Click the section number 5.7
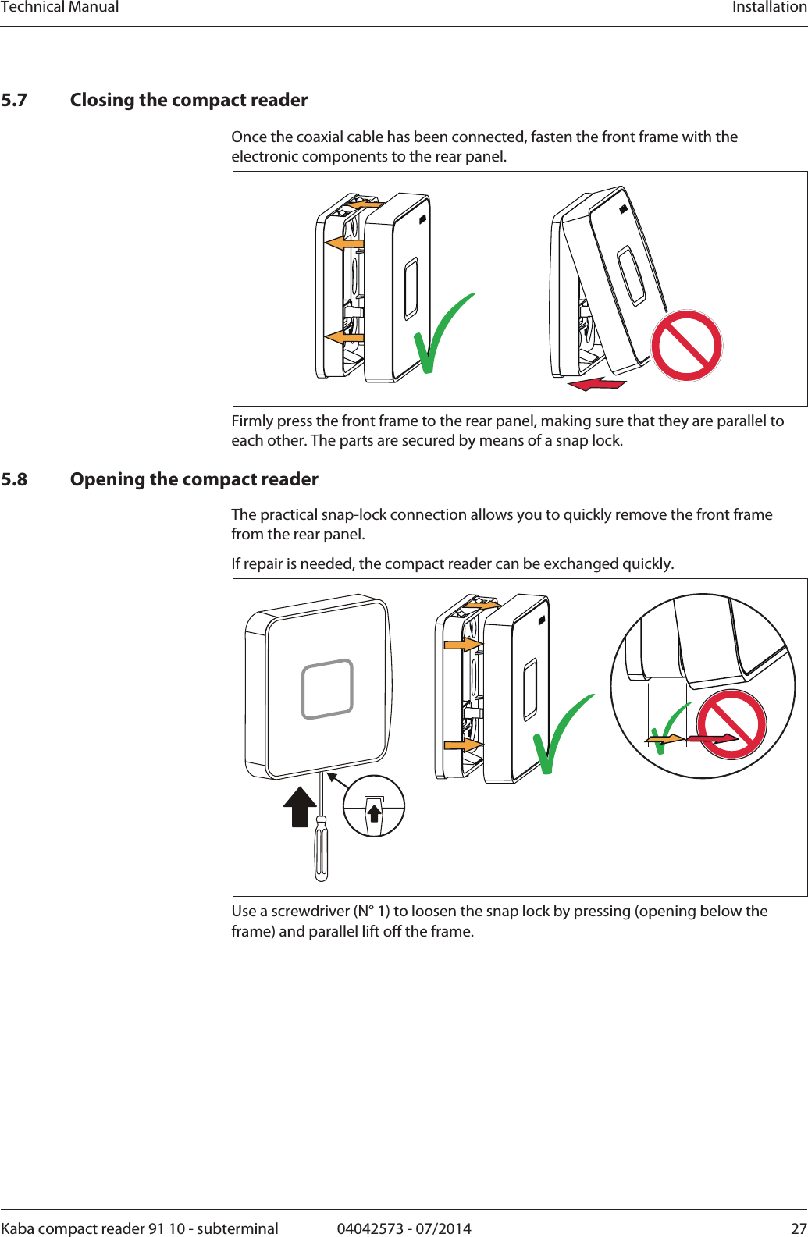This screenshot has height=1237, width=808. (x=14, y=100)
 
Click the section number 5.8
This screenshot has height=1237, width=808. (x=14, y=479)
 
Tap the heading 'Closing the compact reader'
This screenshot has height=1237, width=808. (x=189, y=100)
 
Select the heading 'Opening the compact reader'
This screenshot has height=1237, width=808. (x=194, y=479)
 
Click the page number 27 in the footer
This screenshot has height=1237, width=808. (x=799, y=1228)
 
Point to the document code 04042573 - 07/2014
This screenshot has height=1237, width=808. (x=404, y=1228)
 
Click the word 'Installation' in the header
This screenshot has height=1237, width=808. (x=769, y=7)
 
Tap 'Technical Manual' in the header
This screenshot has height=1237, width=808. (x=60, y=7)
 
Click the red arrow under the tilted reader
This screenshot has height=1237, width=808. (x=597, y=384)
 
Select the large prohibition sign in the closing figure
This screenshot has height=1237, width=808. (x=687, y=346)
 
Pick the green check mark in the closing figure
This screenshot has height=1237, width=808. (x=442, y=333)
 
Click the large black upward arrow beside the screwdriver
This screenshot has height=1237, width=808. (x=300, y=805)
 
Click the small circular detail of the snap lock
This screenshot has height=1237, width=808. (x=374, y=806)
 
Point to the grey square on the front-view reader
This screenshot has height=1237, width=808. (x=328, y=688)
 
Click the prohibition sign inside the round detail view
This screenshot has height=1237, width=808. (x=731, y=724)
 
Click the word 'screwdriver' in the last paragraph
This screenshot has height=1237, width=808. (x=310, y=912)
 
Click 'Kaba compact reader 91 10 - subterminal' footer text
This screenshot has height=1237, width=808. (x=140, y=1228)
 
